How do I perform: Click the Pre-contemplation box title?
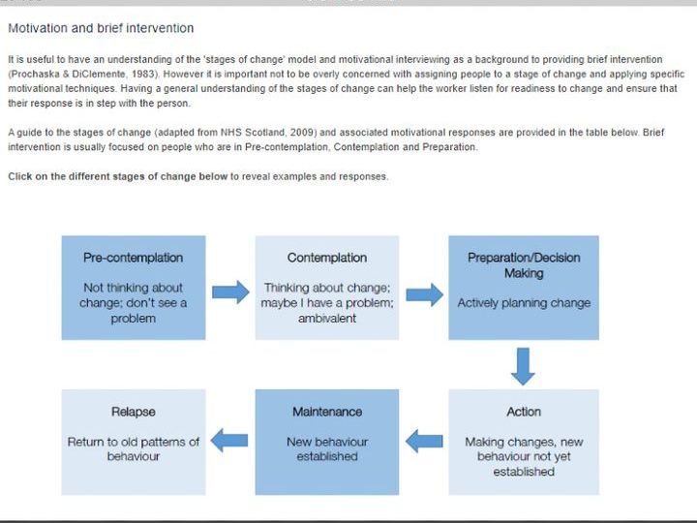pos(133,258)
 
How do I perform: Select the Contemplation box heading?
pos(327,258)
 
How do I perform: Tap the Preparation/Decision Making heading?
pos(524,265)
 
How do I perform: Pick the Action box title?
pos(524,412)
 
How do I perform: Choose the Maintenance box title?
pos(327,412)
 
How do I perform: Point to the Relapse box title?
pos(134,412)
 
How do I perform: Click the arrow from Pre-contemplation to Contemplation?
pos(230,292)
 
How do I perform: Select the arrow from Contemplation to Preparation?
pos(425,294)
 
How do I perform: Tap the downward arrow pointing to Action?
pos(523,366)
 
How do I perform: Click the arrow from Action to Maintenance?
pos(424,442)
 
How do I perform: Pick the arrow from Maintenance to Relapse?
pos(229,441)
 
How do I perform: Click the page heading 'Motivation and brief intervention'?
pos(101,28)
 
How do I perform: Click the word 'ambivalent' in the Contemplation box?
pos(327,319)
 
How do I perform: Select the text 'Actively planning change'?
pos(524,303)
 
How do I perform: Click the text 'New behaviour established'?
pos(327,449)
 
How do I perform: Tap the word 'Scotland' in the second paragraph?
pos(265,133)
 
